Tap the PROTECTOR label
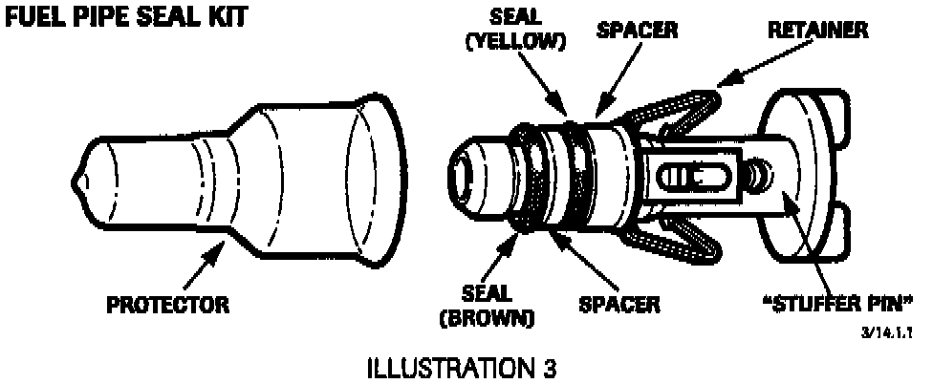[168, 306]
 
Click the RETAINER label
[818, 30]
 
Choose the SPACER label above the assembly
[637, 30]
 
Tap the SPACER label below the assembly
[619, 306]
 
